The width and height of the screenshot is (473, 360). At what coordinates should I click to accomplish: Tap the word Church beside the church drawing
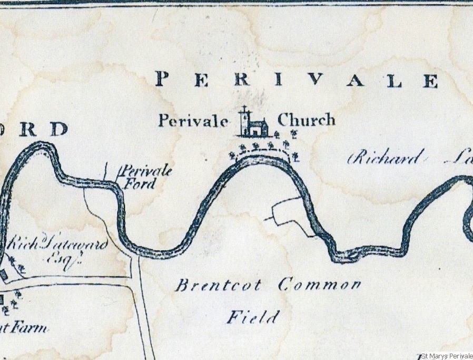coord(306,120)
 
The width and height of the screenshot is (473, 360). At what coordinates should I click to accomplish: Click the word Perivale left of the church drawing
coord(193,121)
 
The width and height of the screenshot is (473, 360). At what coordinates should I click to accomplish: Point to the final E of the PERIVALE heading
coord(431,81)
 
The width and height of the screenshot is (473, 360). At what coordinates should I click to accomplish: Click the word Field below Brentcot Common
coord(253,317)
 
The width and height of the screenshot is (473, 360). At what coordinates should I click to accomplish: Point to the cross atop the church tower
coord(244,110)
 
